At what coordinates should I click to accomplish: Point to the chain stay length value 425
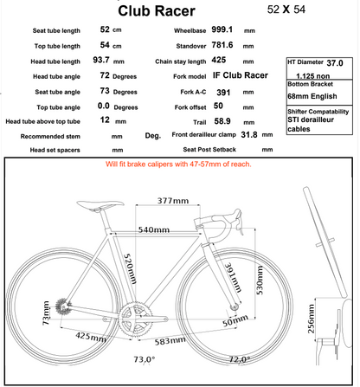(x=220, y=61)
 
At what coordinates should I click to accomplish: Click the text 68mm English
(x=313, y=96)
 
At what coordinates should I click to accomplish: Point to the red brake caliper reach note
(x=179, y=162)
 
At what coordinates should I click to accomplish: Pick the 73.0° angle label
(x=144, y=358)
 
